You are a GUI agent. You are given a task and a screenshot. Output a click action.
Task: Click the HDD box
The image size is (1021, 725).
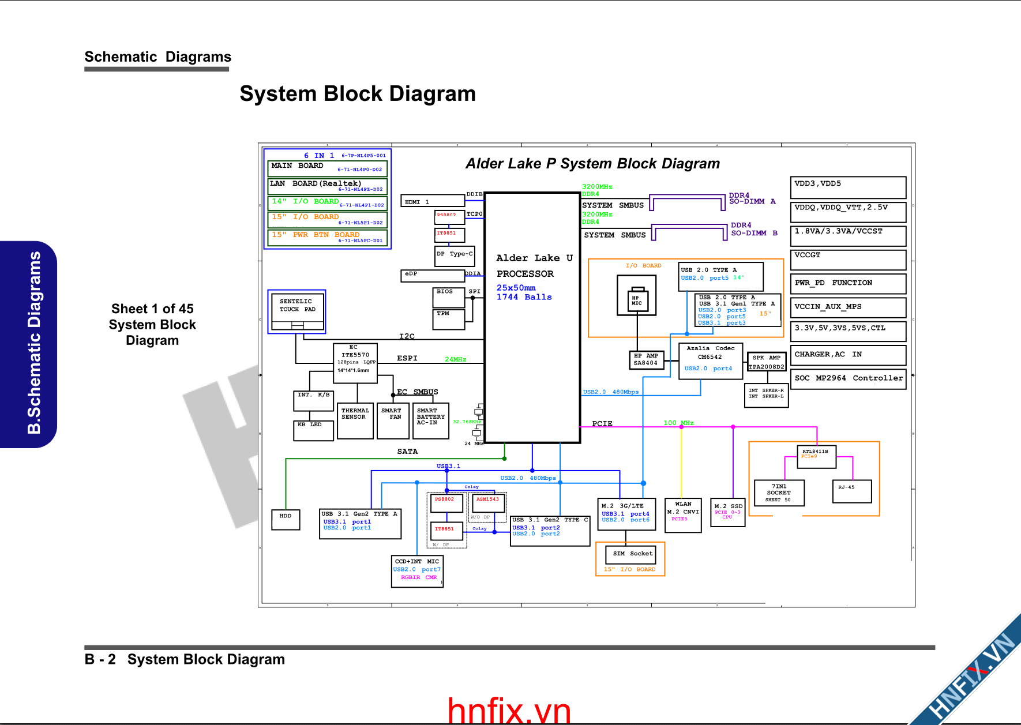click(x=286, y=520)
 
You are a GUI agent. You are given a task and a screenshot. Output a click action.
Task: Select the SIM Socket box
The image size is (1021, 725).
click(x=633, y=554)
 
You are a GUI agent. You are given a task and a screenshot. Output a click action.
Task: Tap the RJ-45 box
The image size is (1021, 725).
click(x=852, y=491)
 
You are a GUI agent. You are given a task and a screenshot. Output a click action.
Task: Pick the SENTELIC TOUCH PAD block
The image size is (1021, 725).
click(x=297, y=310)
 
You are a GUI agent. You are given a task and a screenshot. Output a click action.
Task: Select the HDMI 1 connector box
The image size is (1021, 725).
click(x=433, y=201)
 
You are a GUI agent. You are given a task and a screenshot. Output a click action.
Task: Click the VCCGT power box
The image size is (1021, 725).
click(x=848, y=260)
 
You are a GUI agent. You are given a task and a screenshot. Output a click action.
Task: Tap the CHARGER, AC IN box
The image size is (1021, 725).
click(x=848, y=355)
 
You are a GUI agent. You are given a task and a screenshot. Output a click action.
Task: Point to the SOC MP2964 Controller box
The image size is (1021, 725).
click(x=848, y=379)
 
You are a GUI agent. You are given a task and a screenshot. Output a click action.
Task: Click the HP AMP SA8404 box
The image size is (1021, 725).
click(x=645, y=360)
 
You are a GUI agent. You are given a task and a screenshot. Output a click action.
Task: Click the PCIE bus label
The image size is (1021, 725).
click(x=602, y=424)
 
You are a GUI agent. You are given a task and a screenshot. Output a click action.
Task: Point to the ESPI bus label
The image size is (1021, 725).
click(x=407, y=358)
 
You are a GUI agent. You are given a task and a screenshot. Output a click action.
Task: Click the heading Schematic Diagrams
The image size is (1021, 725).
click(x=157, y=57)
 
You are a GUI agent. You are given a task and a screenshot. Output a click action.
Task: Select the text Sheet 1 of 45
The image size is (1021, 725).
click(x=152, y=309)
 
